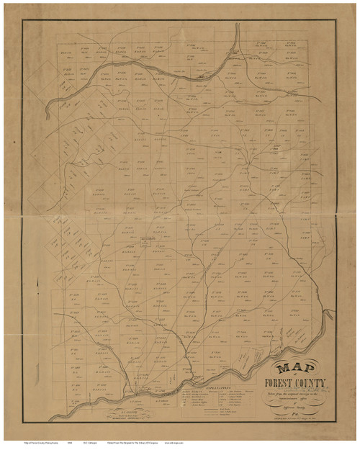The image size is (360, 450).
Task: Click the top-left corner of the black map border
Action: coord(23,20)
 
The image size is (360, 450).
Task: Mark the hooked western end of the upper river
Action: coord(48,112)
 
